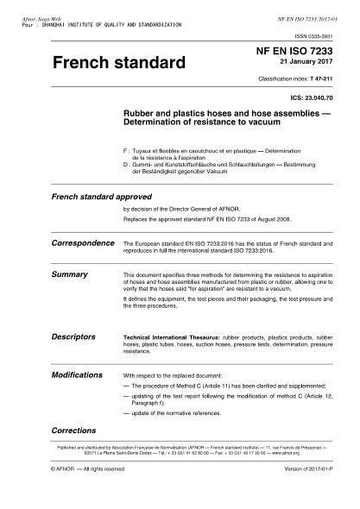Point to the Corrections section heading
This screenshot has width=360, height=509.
(73, 429)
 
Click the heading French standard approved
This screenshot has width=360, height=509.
(94, 198)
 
